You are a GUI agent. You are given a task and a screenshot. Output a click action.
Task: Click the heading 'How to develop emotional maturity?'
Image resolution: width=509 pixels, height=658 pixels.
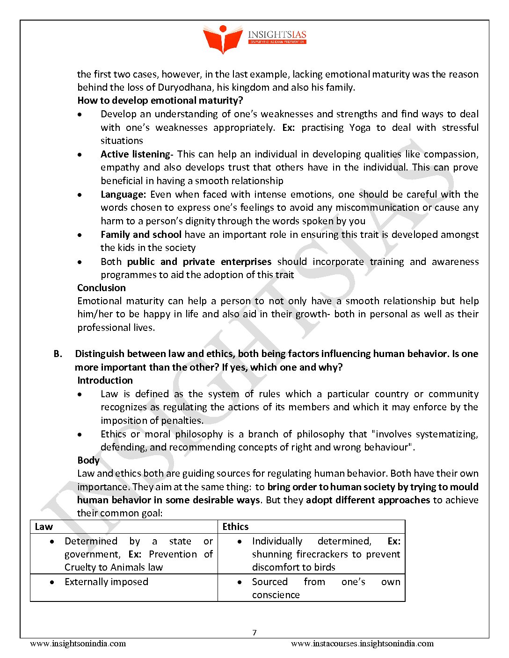point(160,100)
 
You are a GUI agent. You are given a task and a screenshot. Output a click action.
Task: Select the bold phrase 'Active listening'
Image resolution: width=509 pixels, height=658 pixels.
point(135,154)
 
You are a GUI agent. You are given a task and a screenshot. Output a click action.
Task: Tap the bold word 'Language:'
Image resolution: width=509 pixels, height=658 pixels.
point(123,194)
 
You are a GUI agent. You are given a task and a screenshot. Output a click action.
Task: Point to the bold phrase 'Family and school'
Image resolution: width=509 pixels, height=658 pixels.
point(141,235)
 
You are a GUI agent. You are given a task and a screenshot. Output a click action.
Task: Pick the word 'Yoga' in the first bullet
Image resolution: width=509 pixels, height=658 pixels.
point(360,128)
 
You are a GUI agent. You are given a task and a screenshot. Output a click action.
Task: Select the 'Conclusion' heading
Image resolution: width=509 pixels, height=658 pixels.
point(102,288)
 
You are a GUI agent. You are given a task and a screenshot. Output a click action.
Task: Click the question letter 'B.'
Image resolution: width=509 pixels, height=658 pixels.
point(58,354)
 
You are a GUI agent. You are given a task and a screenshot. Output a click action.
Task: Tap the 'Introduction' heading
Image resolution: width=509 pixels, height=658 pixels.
point(105,380)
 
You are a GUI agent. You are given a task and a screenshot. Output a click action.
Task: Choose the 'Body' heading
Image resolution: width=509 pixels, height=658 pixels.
point(88,460)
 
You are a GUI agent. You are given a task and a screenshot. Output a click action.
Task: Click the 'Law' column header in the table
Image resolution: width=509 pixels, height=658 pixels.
point(44,527)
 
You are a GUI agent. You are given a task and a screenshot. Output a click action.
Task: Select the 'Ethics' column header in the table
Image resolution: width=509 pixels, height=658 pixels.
point(235,527)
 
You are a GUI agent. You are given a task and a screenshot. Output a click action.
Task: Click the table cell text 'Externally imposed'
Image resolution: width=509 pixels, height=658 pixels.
point(106,582)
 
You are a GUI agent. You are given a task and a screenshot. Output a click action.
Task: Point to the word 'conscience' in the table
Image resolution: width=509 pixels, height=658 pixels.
point(276,595)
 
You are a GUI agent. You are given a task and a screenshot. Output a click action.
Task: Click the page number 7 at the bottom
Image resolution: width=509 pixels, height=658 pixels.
point(254,633)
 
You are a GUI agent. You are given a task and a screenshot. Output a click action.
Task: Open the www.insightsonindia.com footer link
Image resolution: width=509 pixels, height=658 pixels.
point(78,644)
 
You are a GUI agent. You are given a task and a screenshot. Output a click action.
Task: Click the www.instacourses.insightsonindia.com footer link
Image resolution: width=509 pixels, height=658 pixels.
point(362,644)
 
